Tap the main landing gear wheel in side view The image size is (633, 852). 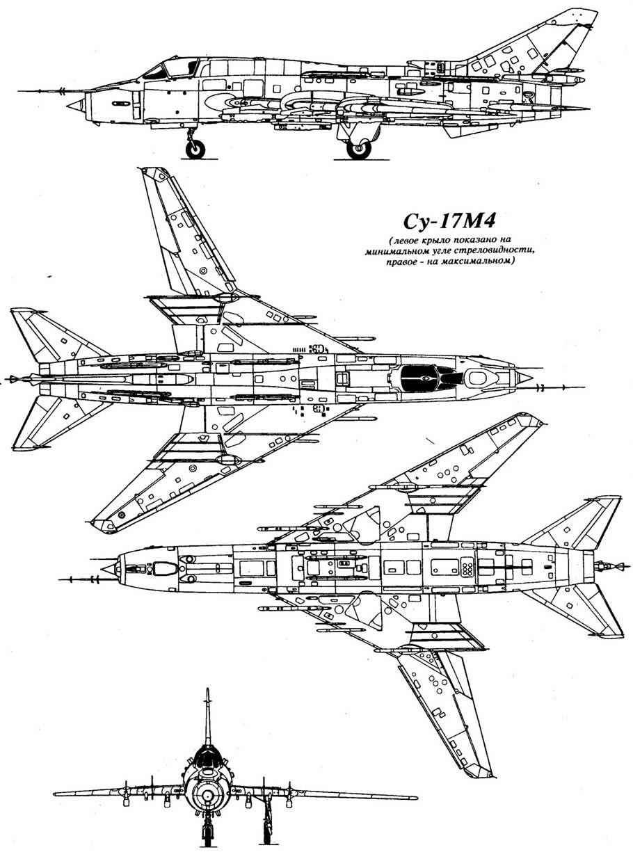coord(359,148)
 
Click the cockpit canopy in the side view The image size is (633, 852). coord(167,68)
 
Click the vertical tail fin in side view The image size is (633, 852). coord(556,42)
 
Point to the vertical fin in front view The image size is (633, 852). coord(207,716)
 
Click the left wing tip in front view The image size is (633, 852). coord(57,794)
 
